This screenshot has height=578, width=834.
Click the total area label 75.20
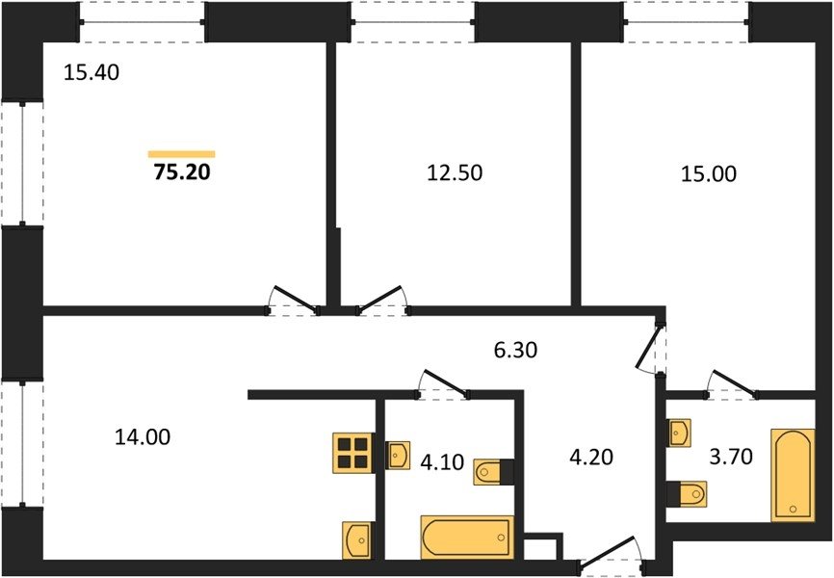pyautogui.click(x=182, y=171)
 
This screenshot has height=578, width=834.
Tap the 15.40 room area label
pyautogui.click(x=91, y=72)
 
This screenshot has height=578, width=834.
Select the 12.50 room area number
pyautogui.click(x=455, y=173)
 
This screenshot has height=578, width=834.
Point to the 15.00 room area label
pyautogui.click(x=709, y=174)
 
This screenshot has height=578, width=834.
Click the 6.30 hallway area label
pyautogui.click(x=515, y=351)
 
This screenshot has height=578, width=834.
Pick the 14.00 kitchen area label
pyautogui.click(x=143, y=437)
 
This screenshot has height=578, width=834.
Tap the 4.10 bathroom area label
pyautogui.click(x=442, y=462)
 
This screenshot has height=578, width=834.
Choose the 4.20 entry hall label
pyautogui.click(x=591, y=457)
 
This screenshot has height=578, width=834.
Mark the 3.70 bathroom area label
pyautogui.click(x=731, y=456)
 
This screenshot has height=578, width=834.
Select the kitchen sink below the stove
pyautogui.click(x=358, y=540)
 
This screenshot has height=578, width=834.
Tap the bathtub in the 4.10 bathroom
pyautogui.click(x=467, y=537)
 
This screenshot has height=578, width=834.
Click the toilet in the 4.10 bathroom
pyautogui.click(x=494, y=472)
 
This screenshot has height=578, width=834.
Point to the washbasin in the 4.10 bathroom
pyautogui.click(x=398, y=455)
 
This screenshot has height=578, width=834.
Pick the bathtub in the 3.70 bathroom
pyautogui.click(x=793, y=475)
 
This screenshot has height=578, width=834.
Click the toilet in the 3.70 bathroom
pyautogui.click(x=687, y=494)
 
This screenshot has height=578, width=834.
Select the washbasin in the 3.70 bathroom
pyautogui.click(x=679, y=433)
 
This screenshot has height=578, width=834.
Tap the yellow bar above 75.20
pyautogui.click(x=182, y=154)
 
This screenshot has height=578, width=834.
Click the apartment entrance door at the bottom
pyautogui.click(x=612, y=557)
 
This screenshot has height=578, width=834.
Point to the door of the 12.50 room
pyautogui.click(x=383, y=302)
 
